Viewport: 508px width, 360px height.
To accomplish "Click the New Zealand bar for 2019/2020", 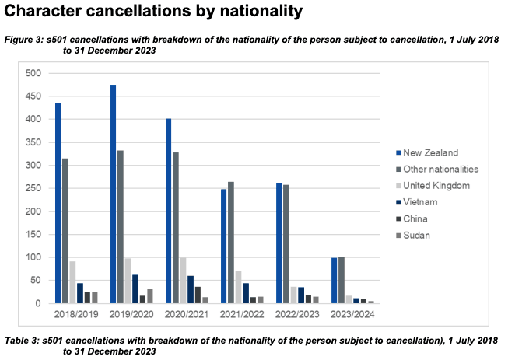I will (x=114, y=194).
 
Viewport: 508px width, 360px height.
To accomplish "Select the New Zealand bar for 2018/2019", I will (x=58, y=204).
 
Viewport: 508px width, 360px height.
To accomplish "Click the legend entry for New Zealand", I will (x=427, y=152).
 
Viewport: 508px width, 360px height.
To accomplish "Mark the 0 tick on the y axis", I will (x=36, y=304).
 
